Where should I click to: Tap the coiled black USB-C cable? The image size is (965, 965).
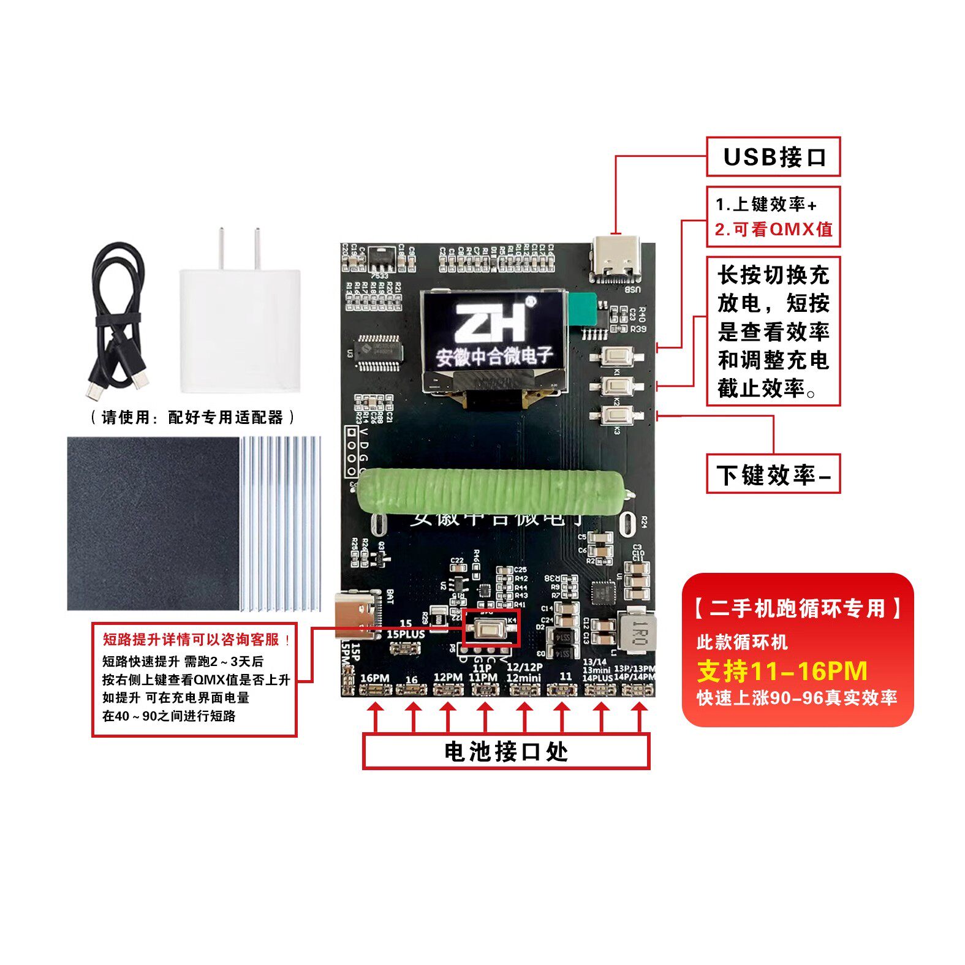pos(118,319)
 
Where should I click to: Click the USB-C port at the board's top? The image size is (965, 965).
pos(616,260)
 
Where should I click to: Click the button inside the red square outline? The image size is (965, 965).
pos(490,627)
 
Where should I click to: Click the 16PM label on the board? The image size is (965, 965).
pos(375,678)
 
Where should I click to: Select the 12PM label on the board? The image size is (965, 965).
pos(448,677)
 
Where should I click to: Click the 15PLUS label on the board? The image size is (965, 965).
pos(406,634)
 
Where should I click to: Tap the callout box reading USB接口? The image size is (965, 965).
pos(773,157)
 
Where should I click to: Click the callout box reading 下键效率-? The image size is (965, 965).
pos(773,474)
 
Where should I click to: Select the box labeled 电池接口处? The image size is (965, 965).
pos(506,751)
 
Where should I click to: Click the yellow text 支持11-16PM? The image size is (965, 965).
pos(782,672)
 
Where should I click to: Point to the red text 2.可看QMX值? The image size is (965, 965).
pos(773,229)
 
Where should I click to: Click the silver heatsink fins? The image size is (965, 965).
pos(281,524)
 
